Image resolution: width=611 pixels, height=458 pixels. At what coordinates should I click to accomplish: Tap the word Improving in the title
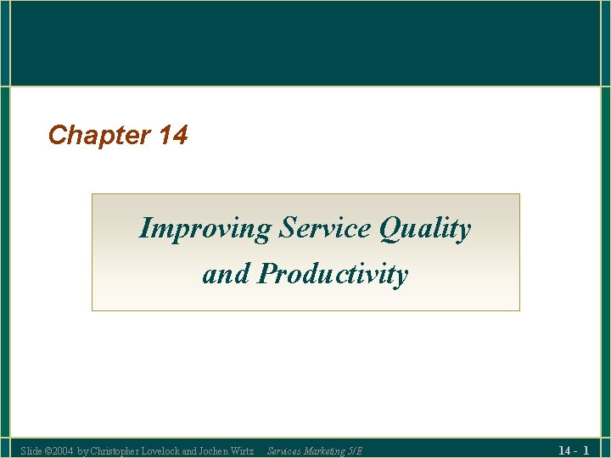click(x=206, y=229)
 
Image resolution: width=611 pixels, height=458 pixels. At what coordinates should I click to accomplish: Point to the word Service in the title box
click(x=326, y=228)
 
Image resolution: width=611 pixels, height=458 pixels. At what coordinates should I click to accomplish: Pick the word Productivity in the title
click(x=333, y=275)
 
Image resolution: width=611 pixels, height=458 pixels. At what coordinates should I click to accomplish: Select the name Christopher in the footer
click(x=115, y=450)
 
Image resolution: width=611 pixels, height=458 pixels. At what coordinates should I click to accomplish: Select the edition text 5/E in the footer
click(x=355, y=450)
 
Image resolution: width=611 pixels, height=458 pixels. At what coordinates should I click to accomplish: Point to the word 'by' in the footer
click(x=81, y=450)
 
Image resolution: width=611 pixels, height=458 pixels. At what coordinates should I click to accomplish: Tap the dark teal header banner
click(x=305, y=42)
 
